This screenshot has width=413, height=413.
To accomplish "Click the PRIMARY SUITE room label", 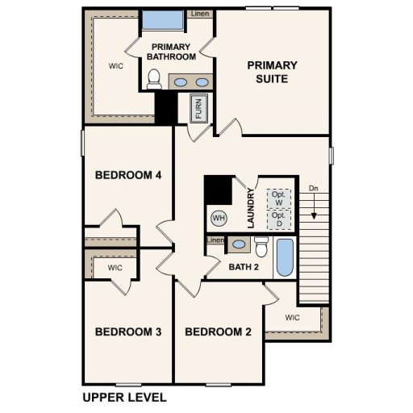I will click(272, 72).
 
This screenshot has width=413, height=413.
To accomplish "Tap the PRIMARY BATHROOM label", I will click(172, 52).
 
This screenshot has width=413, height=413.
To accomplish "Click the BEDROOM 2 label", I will click(219, 332).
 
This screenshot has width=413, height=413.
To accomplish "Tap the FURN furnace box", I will click(198, 107).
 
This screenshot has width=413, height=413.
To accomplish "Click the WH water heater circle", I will click(219, 217).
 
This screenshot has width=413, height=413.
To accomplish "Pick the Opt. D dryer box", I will click(279, 219).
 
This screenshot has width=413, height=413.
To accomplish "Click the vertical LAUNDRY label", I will click(252, 209).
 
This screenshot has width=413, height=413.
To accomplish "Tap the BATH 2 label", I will click(243, 267).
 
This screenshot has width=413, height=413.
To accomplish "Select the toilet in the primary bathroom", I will click(154, 79).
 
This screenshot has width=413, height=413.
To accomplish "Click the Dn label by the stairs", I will click(313, 189).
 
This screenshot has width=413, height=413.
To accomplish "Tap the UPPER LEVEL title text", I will click(124, 397).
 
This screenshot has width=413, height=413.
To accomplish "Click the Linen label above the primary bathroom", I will click(200, 14).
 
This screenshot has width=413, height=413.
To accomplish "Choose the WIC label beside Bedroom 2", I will click(292, 318).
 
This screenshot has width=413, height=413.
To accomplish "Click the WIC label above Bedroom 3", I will click(115, 267).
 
